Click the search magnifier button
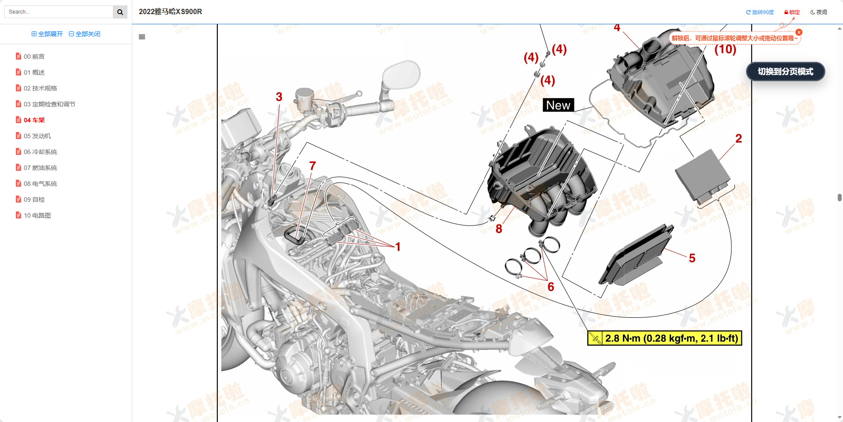tap(120, 12)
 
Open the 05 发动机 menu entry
tap(37, 136)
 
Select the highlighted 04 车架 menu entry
tap(34, 120)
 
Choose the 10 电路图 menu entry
tap(37, 215)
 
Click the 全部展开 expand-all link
tap(47, 34)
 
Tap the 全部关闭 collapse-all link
tap(85, 34)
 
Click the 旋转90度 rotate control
tap(760, 12)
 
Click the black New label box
tap(558, 105)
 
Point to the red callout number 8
tap(499, 229)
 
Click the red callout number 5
tap(692, 258)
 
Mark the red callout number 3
tap(279, 97)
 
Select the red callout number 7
tap(312, 166)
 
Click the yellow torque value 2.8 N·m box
tap(664, 338)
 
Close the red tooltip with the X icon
tap(798, 32)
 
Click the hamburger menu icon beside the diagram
tap(142, 37)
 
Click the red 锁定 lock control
tap(792, 12)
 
